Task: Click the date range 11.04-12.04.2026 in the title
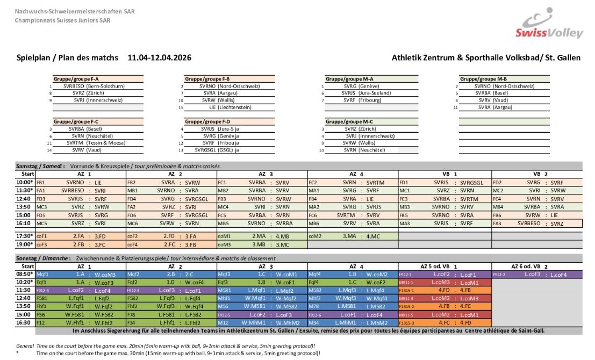[160, 57]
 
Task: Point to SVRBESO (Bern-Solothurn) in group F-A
[94, 86]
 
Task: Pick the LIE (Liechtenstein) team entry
[231, 107]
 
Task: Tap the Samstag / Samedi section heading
[39, 167]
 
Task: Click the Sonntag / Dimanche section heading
[42, 258]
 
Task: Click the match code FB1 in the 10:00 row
[40, 183]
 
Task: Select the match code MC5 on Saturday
[41, 222]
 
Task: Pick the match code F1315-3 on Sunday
[406, 322]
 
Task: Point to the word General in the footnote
[25, 345]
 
